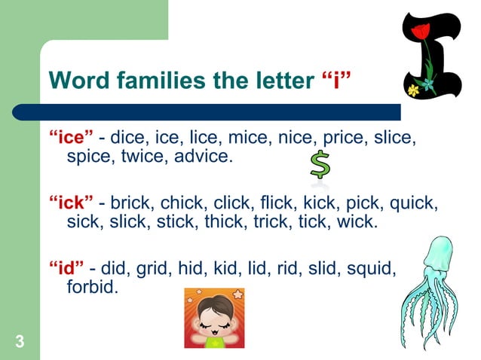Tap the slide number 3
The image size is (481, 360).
pyautogui.click(x=20, y=342)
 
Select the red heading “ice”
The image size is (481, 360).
pyautogui.click(x=72, y=139)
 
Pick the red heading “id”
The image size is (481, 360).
pyautogui.click(x=66, y=267)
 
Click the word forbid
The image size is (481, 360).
pyautogui.click(x=92, y=287)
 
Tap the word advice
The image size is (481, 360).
pyautogui.click(x=204, y=157)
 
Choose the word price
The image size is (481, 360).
pyautogui.click(x=345, y=139)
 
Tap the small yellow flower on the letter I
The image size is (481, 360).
pyautogui.click(x=413, y=90)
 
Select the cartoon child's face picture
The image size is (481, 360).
pyautogui.click(x=215, y=317)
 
